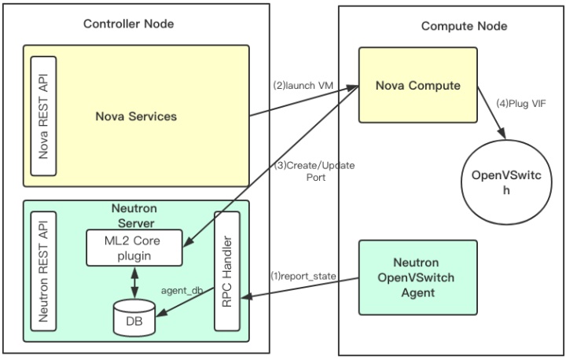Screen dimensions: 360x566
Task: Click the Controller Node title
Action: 129,24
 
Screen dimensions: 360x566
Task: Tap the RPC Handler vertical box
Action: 226,280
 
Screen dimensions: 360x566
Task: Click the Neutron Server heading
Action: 137,214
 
